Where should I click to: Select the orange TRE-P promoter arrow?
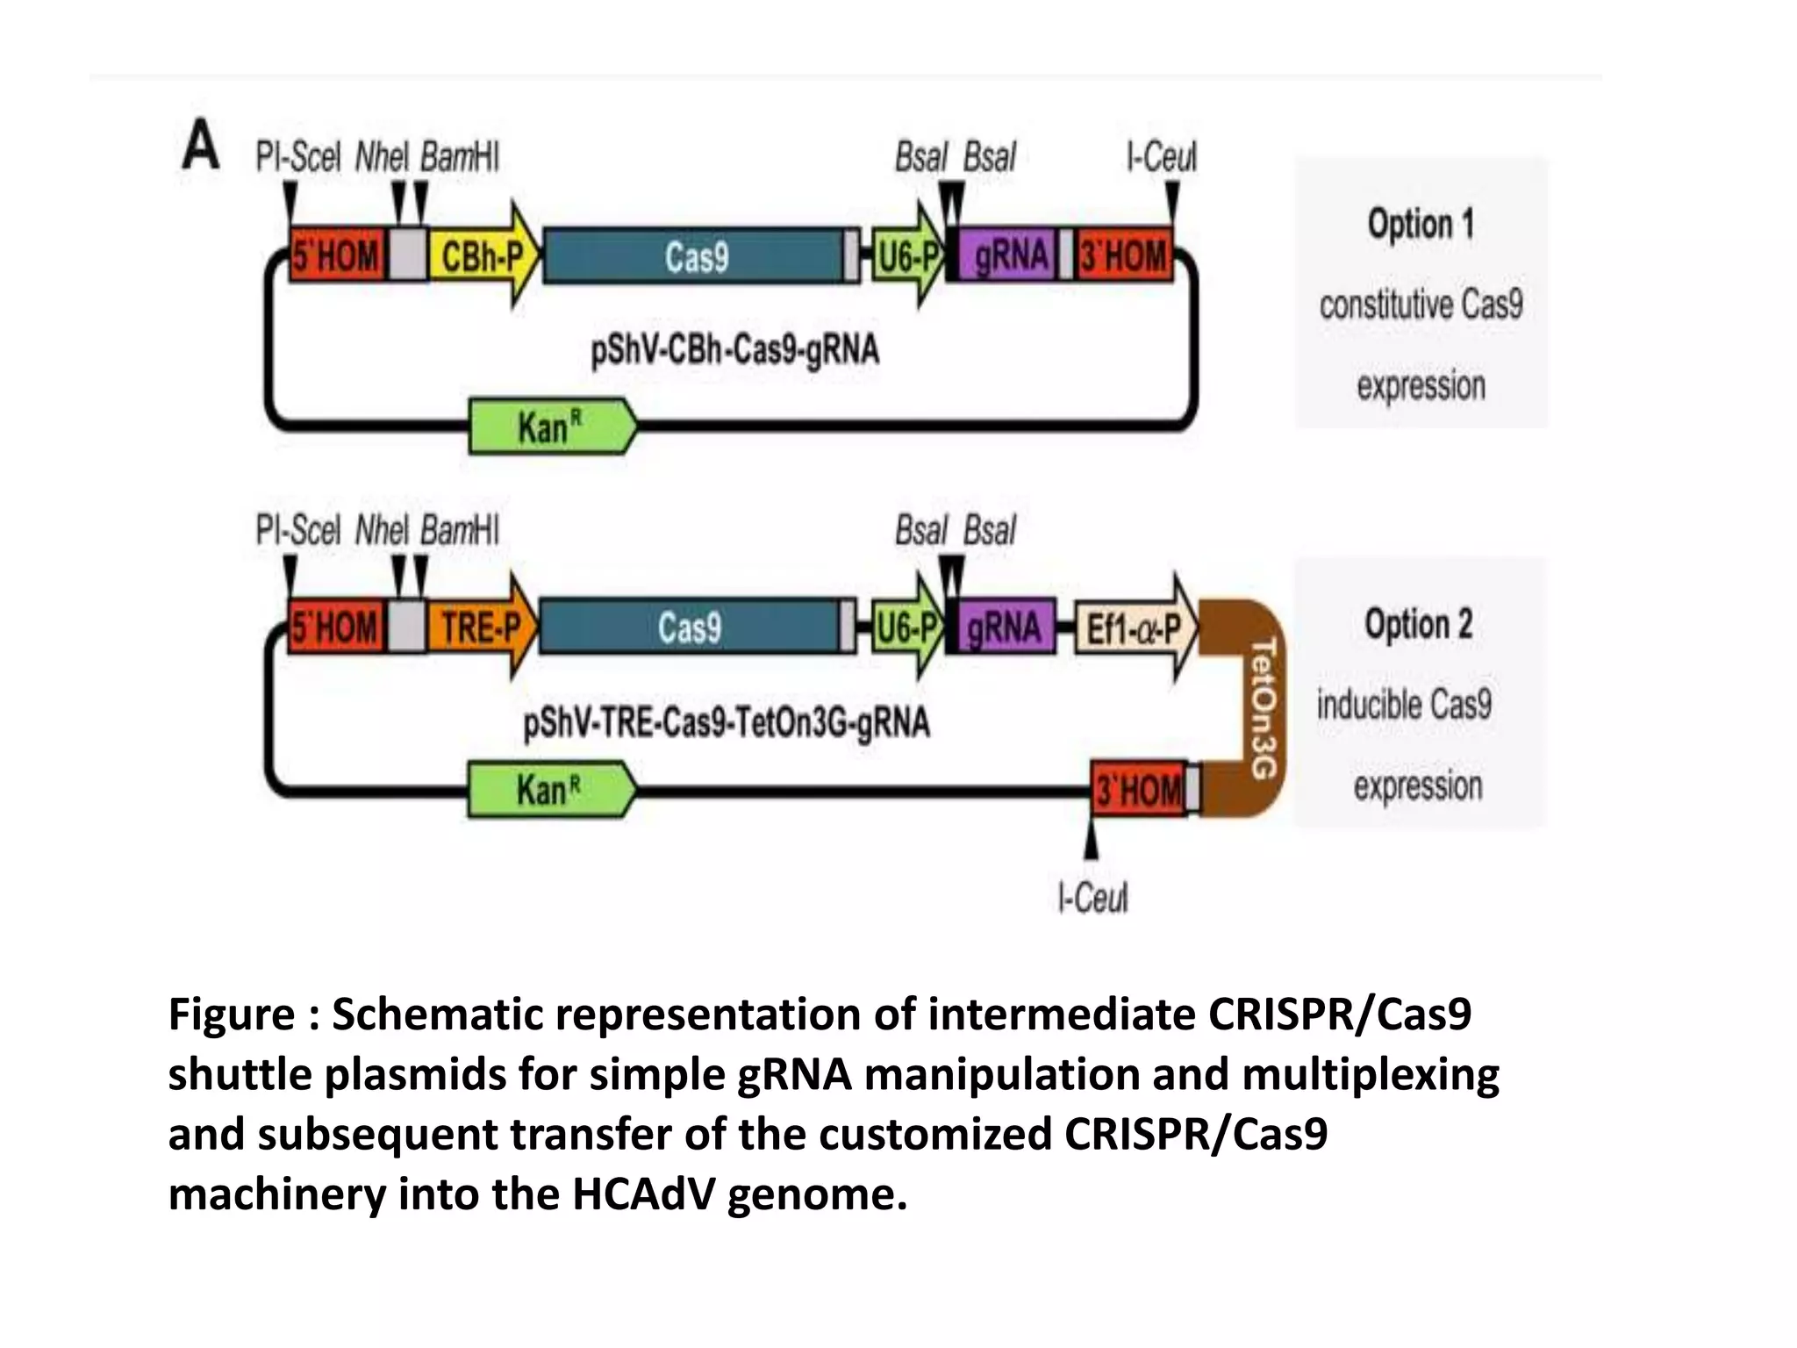pyautogui.click(x=479, y=627)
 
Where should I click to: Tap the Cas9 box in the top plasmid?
pyautogui.click(x=695, y=256)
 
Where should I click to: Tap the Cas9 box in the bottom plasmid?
pyautogui.click(x=690, y=627)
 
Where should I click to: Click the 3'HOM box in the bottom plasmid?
pyautogui.click(x=1138, y=790)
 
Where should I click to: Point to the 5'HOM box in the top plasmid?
pyautogui.click(x=337, y=256)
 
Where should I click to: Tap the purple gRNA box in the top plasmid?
pyautogui.click(x=1009, y=256)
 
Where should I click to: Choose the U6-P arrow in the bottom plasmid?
pyautogui.click(x=908, y=627)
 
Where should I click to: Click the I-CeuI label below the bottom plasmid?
pyautogui.click(x=1092, y=898)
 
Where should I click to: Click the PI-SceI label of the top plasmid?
pyautogui.click(x=298, y=158)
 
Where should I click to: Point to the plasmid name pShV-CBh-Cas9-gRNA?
pyautogui.click(x=734, y=350)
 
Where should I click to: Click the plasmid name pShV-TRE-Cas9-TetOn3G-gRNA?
pyautogui.click(x=727, y=724)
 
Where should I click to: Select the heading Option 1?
pyautogui.click(x=1421, y=224)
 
